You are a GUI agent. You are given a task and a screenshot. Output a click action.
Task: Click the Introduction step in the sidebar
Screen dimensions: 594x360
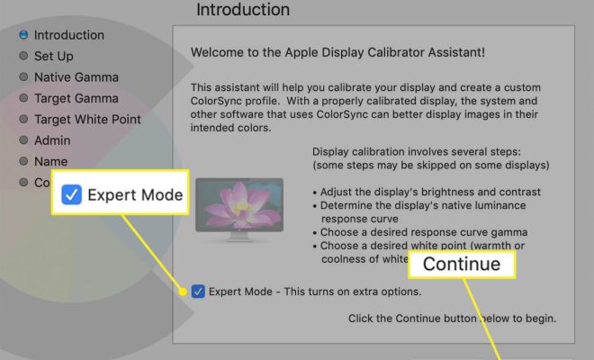click(x=69, y=35)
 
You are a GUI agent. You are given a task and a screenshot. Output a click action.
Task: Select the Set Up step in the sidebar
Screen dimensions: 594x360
click(x=54, y=56)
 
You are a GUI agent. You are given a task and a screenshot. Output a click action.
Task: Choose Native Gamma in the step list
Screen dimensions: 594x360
click(x=76, y=77)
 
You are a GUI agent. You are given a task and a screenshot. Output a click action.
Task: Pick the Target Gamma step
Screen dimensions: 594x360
click(x=76, y=98)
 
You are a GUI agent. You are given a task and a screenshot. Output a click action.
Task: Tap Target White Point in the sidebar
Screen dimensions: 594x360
click(x=87, y=120)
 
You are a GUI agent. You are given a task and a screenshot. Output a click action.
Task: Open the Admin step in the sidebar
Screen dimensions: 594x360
click(x=52, y=140)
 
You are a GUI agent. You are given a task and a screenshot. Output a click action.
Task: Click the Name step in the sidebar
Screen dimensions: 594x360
click(x=50, y=161)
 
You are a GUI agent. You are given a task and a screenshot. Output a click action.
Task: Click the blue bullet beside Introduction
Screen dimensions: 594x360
click(x=23, y=35)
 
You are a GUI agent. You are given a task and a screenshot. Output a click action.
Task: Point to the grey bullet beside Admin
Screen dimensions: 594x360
click(x=23, y=140)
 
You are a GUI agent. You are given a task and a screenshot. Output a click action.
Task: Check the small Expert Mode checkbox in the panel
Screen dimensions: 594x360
click(x=198, y=292)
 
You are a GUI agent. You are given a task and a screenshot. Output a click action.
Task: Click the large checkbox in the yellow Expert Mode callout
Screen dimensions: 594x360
click(x=72, y=194)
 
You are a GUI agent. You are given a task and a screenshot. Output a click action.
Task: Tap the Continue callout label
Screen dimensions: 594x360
click(x=462, y=264)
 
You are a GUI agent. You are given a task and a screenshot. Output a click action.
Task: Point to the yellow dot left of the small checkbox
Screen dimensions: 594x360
click(x=183, y=292)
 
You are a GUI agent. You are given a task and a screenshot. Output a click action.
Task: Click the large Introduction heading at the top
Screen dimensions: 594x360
click(x=243, y=10)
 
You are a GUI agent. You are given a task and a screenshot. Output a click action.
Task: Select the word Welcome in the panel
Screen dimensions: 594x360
click(x=217, y=52)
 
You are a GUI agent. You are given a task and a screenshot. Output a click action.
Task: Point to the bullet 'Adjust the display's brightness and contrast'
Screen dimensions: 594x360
click(x=427, y=192)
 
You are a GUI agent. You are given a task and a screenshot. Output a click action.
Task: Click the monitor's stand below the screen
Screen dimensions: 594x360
click(x=238, y=237)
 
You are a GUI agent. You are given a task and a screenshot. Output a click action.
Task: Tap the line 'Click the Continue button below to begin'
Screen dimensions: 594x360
click(x=453, y=319)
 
